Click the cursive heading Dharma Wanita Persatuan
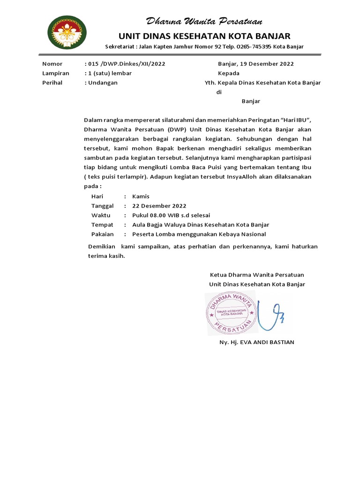click(204, 22)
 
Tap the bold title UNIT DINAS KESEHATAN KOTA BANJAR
click(204, 36)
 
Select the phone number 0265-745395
click(256, 47)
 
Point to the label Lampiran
click(56, 73)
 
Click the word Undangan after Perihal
click(102, 82)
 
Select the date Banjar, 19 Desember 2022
click(256, 64)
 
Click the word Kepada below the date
click(229, 73)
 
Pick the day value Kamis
click(141, 196)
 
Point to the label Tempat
click(102, 225)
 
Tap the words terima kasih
click(107, 256)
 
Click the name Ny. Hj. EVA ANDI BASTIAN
click(257, 342)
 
